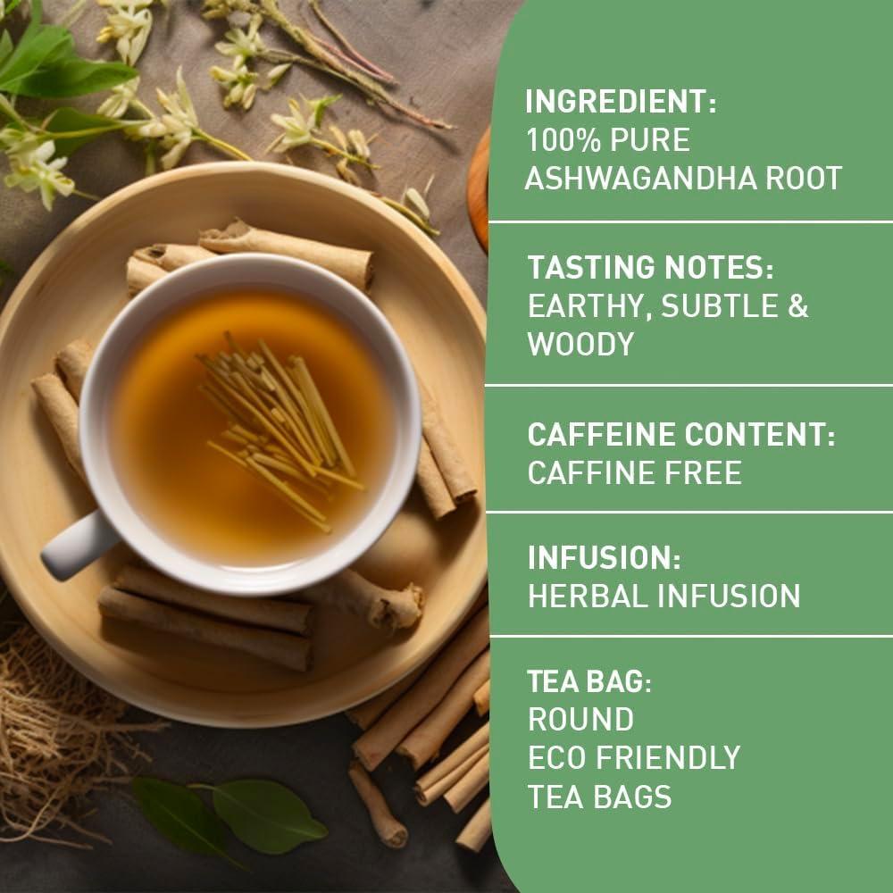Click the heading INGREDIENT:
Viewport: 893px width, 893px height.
621,102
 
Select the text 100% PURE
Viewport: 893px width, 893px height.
608,140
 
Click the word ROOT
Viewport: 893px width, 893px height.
800,179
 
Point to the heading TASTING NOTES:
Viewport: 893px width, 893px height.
650,267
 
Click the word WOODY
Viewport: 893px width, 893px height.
580,344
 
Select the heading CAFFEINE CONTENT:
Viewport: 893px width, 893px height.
681,435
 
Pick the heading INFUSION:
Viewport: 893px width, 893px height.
605,558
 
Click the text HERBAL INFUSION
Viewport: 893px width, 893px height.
663,596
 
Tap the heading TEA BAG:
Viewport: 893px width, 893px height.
590,681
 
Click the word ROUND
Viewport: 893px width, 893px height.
580,719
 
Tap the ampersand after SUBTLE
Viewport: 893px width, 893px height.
797,305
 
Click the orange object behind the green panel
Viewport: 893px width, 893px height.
480,188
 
